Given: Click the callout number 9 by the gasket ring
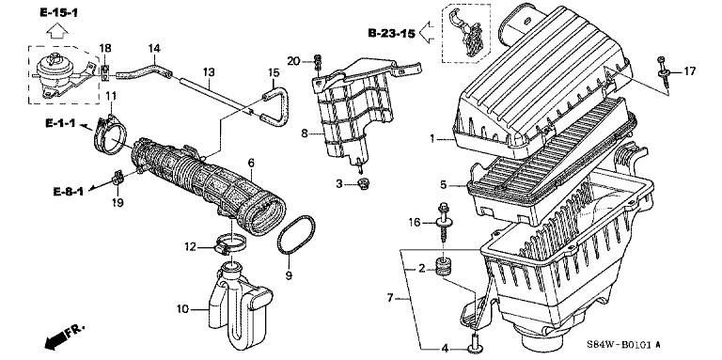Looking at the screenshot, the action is [289, 275].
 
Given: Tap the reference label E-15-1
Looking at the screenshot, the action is [58, 13].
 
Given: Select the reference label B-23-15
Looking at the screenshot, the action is [391, 33].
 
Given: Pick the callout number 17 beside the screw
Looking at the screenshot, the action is [689, 71].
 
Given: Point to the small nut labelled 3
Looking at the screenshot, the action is [364, 185].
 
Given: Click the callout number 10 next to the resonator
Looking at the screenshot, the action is [183, 308].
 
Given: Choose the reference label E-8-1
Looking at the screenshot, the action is [68, 192].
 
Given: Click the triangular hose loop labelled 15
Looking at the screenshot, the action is [275, 107].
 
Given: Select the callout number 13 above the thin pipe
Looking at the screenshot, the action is [209, 72].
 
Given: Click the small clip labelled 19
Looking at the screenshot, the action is [118, 179].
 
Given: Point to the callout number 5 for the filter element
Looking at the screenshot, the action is [443, 184].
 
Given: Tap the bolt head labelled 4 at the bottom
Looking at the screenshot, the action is [474, 342].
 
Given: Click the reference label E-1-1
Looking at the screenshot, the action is [60, 123].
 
